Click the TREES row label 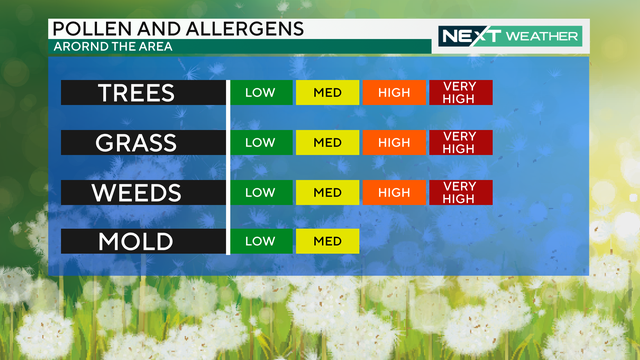136,93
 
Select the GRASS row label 136,142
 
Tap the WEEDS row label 136,192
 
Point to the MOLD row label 136,241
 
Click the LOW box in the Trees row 261,93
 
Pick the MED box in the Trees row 327,93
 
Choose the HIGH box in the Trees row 394,93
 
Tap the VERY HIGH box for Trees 460,93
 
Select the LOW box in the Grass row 261,142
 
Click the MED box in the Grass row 327,142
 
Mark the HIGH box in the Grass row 394,142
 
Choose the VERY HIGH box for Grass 460,142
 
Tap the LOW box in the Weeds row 261,192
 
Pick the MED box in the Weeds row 327,192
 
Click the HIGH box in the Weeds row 394,192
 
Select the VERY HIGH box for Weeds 460,192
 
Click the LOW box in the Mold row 261,241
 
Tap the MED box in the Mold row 327,241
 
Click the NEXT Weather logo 510,36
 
